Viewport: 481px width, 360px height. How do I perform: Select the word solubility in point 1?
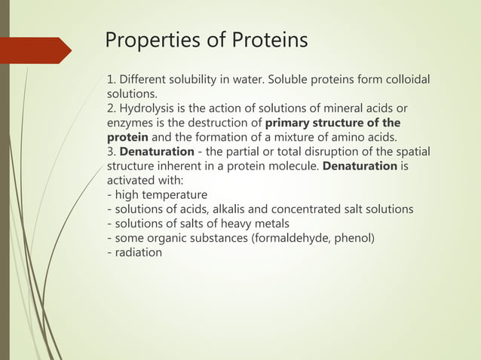point(198,81)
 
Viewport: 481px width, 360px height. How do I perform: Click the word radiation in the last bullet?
point(138,252)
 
